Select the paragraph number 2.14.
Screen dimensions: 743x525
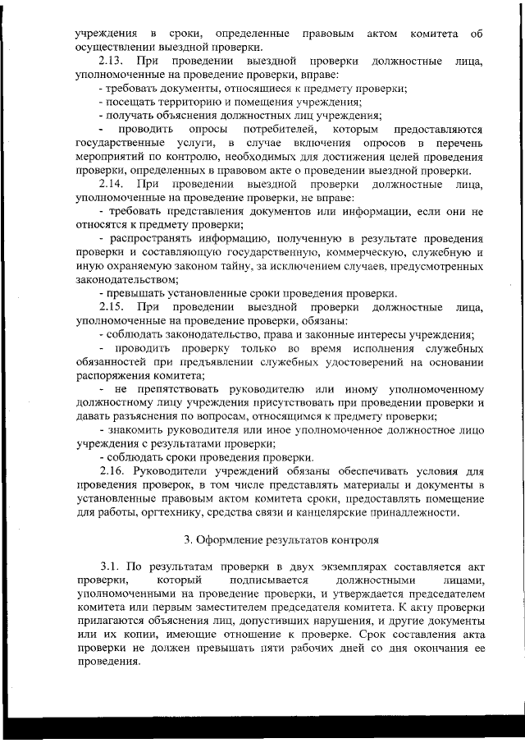pyautogui.click(x=111, y=185)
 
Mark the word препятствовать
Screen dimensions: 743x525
pyautogui.click(x=187, y=388)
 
